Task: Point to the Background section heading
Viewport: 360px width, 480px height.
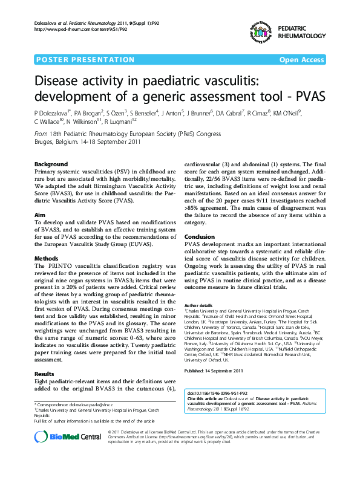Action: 51,164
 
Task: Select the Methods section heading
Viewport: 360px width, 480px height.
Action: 46,258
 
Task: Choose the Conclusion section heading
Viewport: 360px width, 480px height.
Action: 199,236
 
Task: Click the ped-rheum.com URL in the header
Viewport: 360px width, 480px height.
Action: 80,28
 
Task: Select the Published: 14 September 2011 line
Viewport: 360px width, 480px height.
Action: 213,371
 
